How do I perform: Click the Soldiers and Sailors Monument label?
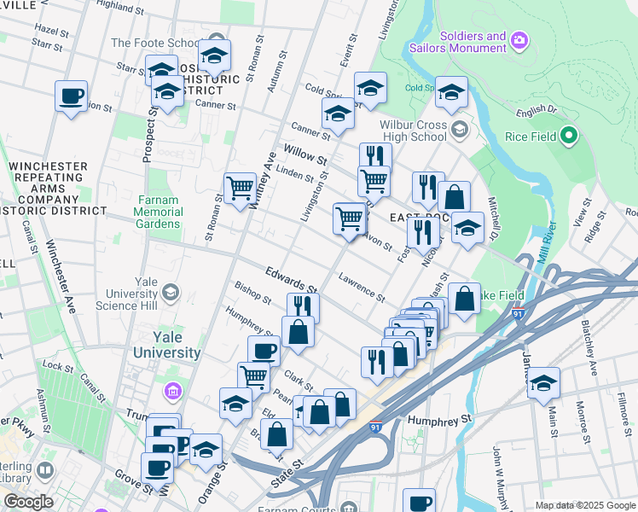point(473,43)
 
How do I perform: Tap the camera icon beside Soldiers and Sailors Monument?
point(518,40)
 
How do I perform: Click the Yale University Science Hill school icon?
point(170,294)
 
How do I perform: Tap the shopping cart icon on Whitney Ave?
point(240,188)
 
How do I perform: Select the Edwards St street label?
point(291,280)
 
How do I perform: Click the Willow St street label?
point(305,155)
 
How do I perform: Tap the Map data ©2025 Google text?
point(585,505)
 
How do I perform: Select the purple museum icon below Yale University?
point(173,391)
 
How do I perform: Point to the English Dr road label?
point(536,111)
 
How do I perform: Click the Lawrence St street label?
point(361,285)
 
